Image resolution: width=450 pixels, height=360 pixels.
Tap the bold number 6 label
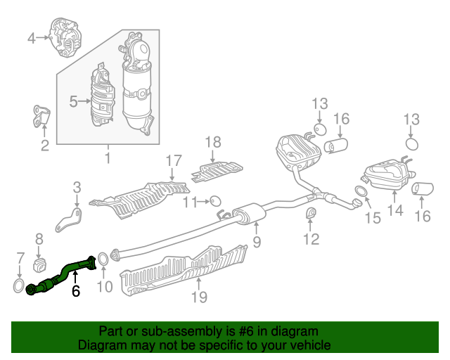75,291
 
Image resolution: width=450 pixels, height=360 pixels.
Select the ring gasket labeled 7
18,285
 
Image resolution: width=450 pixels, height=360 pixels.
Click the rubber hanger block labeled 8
39,265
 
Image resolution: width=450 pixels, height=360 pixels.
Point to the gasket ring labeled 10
103,258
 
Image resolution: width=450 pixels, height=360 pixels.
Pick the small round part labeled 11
215,201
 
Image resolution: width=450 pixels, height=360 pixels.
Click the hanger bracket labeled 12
311,213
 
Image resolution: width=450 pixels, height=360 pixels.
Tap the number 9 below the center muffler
257,242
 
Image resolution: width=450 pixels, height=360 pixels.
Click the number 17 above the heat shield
174,160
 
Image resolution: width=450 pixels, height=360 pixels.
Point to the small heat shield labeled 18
217,172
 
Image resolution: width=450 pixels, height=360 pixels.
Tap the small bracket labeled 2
41,116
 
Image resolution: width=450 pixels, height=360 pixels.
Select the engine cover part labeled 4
66,37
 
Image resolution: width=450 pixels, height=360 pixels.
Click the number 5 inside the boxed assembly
73,101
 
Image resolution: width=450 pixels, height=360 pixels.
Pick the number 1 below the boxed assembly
108,158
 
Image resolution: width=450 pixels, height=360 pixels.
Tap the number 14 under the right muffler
395,210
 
